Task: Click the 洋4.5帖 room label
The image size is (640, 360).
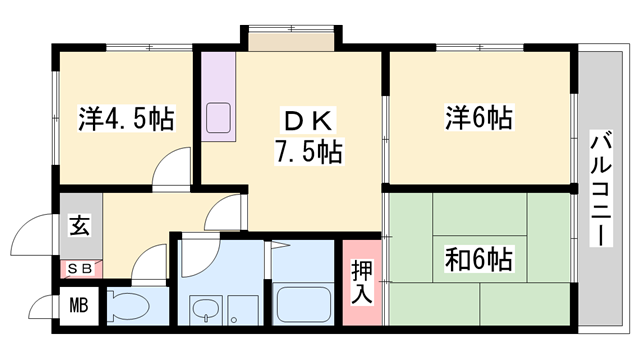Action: coord(126,120)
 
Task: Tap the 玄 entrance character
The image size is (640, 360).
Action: coord(78,225)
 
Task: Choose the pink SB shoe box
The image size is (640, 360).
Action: coord(78,268)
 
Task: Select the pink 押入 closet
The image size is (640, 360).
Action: coord(361,282)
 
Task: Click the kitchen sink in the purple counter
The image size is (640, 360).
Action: coord(217,117)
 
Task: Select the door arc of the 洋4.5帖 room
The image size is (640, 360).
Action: coord(171,165)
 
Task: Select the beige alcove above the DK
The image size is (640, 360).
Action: coord(292,41)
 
